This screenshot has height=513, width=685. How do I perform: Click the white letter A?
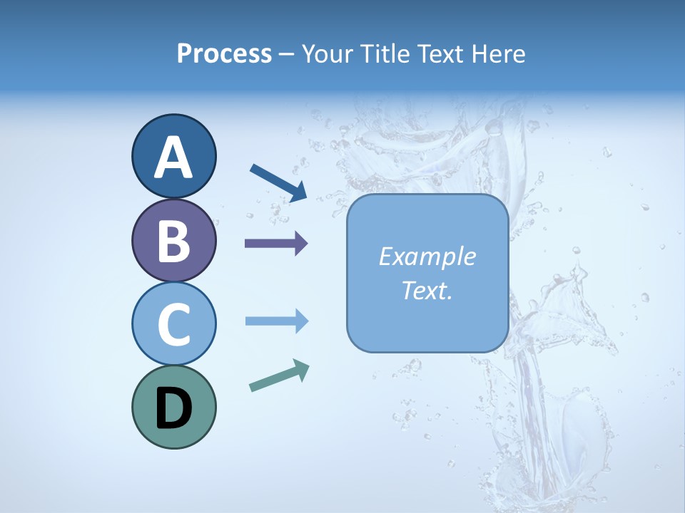(173, 157)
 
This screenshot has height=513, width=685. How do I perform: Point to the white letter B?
(173, 241)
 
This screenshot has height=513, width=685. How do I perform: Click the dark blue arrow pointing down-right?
(278, 182)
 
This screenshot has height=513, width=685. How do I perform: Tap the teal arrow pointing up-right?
(279, 376)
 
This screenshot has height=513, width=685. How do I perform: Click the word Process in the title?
(224, 53)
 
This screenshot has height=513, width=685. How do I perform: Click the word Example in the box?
(427, 256)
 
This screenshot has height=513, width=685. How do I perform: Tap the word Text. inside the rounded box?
(427, 291)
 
